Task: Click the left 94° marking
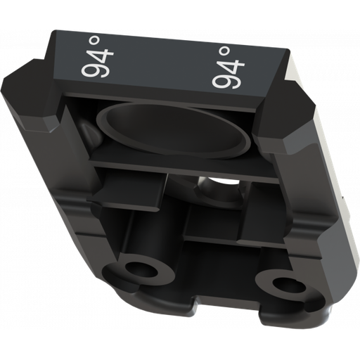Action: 97,58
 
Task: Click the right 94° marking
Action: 228,67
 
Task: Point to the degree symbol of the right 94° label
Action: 224,51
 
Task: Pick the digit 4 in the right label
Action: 232,65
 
